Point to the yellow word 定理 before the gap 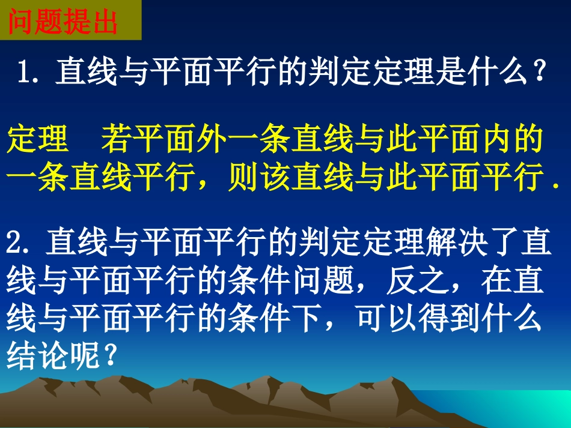[x=37, y=141]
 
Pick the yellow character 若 [x=116, y=141]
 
